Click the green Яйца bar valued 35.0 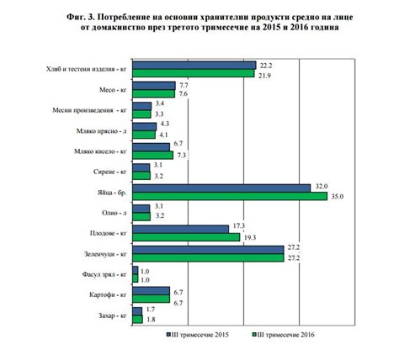point(230,197)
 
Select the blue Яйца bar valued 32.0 point(221,187)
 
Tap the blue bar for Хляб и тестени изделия point(194,64)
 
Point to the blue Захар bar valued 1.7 point(138,310)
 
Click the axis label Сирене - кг point(106,172)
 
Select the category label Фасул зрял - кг point(98,274)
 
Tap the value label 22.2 point(266,65)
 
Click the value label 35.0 point(338,197)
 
